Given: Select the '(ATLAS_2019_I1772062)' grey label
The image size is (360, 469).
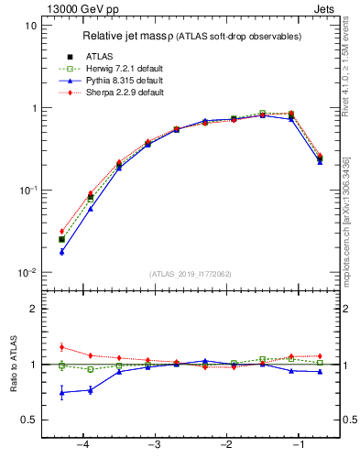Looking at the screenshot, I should tap(191, 273).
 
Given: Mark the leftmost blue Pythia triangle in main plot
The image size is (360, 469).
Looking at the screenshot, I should tap(61, 252).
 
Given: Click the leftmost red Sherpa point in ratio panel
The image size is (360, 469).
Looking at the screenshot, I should tap(61, 347).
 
